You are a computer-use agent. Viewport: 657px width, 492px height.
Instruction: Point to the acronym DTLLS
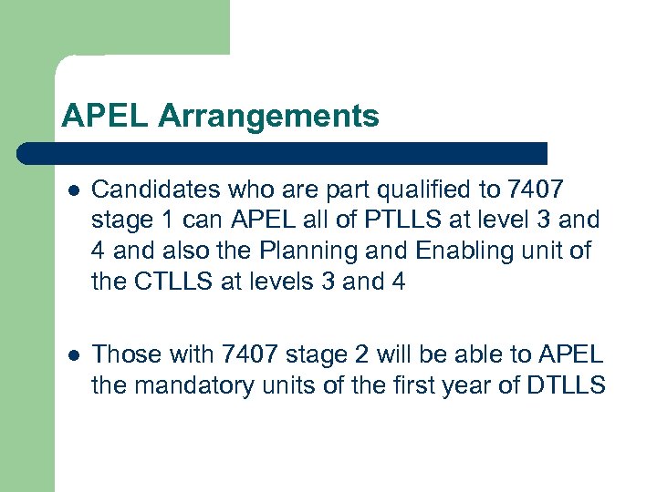[x=566, y=385]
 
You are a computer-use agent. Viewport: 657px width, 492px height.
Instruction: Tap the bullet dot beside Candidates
[x=73, y=190]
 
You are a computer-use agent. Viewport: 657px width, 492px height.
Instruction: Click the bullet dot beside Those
[x=73, y=355]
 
